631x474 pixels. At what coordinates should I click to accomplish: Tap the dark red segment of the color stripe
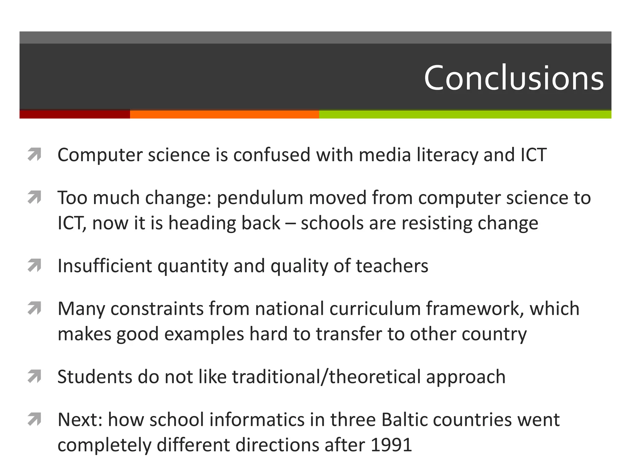pos(75,114)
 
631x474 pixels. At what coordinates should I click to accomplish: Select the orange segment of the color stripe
pos(224,114)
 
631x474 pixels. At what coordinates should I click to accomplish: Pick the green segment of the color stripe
pos(465,114)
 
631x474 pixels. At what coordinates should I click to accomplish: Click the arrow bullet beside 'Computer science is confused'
pos(34,155)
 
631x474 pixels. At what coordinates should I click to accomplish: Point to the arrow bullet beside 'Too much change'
pos(34,197)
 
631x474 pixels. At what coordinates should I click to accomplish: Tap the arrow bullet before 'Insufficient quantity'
pos(34,266)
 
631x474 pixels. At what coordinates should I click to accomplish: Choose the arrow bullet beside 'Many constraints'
pos(34,308)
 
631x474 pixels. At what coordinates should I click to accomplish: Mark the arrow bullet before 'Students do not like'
pos(34,376)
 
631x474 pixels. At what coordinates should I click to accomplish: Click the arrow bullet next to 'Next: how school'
pos(34,419)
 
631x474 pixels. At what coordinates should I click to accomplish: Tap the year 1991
pos(391,445)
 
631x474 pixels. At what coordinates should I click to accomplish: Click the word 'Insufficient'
pos(105,266)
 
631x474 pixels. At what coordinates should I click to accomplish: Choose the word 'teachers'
pos(392,266)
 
